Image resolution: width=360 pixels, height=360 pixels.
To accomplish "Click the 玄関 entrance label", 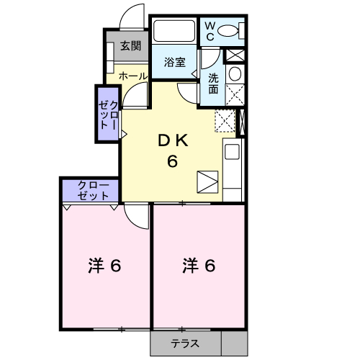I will coord(130,46).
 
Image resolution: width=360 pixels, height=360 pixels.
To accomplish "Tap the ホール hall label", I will coord(132,75).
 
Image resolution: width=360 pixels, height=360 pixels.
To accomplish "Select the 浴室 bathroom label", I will coord(174,62).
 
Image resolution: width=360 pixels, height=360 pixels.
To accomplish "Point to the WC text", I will coord(210,31).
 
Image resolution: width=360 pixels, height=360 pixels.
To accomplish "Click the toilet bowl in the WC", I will coord(231,31).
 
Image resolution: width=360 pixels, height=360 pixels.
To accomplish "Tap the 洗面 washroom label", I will coord(214,84).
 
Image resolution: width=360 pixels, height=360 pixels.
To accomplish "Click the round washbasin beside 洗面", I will coord(235,75).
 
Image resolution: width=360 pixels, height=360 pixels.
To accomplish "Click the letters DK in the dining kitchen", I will coord(173,141).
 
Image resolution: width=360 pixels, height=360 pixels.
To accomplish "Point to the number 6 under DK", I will coord(173,161).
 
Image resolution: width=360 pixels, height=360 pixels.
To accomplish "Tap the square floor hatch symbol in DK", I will coord(206,181).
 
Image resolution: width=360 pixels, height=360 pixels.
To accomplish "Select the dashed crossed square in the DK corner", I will coord(225,121).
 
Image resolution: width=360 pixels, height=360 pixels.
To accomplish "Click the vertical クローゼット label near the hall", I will coord(109,114).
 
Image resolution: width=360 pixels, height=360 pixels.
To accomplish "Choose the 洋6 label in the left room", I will coord(104,266).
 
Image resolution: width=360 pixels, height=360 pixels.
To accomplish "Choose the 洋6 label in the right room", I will coord(198,266).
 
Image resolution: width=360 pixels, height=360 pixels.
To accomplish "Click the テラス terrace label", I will coord(185,344).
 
